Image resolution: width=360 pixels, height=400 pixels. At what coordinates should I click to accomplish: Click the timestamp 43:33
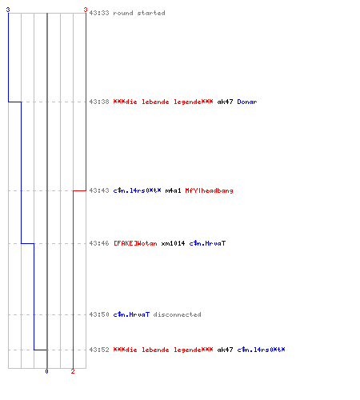point(99,13)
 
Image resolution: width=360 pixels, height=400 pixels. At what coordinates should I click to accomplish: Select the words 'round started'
point(139,13)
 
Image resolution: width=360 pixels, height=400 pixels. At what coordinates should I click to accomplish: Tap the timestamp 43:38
point(99,102)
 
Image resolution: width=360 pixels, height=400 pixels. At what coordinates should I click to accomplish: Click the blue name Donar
point(247,102)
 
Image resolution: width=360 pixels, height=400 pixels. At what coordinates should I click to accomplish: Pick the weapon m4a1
point(173,190)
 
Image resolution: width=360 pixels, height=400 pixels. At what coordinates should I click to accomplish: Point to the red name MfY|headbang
point(209,190)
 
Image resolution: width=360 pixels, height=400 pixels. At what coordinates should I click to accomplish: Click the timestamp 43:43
point(99,190)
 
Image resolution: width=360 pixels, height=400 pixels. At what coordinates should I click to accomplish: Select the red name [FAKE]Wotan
point(135,243)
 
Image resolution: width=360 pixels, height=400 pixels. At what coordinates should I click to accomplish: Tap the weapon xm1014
point(173,243)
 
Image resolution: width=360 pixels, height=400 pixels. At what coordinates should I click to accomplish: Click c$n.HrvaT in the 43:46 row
point(207,243)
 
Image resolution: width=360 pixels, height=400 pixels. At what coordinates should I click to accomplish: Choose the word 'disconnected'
point(177,314)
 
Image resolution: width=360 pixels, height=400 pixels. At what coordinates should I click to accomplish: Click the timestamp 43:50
point(99,314)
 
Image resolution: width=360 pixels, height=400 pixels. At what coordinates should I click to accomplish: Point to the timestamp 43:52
point(99,350)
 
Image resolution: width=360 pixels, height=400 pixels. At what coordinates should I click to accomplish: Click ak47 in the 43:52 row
point(225,350)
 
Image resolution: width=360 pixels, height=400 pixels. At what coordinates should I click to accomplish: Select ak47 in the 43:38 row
point(225,102)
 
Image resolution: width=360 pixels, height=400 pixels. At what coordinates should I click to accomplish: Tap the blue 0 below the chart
point(46,371)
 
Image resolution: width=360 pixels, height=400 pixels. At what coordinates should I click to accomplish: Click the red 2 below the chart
point(73,371)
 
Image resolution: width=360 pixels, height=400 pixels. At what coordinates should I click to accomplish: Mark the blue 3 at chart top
point(8,10)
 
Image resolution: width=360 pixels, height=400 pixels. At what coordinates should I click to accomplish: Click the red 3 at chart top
point(86,10)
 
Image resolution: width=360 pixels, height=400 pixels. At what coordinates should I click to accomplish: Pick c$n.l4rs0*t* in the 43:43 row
point(137,190)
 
